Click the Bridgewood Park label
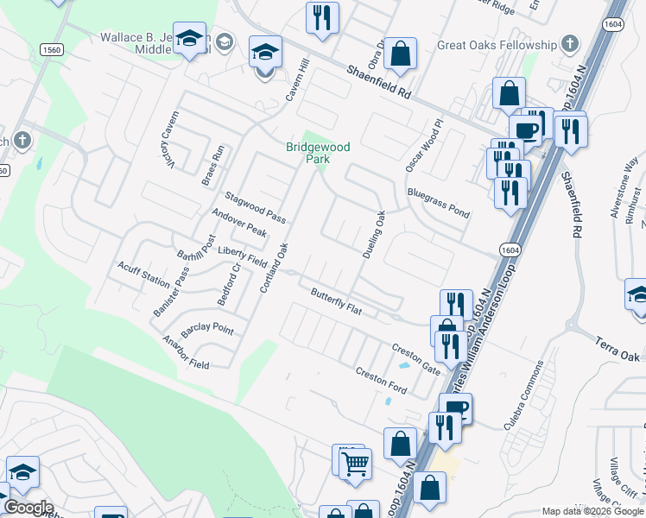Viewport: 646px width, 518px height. pyautogui.click(x=318, y=153)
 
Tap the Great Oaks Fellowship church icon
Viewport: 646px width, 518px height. pyautogui.click(x=569, y=44)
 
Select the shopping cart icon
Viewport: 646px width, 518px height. pyautogui.click(x=355, y=464)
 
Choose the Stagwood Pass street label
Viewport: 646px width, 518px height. pyautogui.click(x=255, y=207)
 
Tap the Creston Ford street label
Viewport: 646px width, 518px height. pyautogui.click(x=381, y=380)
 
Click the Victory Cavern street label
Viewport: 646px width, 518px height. pyautogui.click(x=168, y=140)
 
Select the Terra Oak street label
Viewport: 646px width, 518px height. pyautogui.click(x=617, y=344)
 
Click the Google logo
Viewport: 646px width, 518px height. pyautogui.click(x=28, y=508)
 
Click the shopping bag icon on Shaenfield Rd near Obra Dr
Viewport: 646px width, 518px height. pyautogui.click(x=401, y=54)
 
